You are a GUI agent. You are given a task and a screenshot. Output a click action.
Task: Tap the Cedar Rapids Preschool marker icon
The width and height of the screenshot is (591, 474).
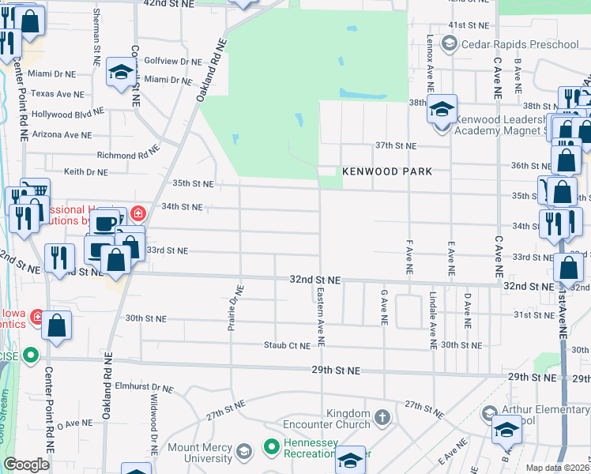click(x=450, y=44)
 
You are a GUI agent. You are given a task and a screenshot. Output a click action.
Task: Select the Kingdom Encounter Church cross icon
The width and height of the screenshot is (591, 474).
click(x=382, y=416)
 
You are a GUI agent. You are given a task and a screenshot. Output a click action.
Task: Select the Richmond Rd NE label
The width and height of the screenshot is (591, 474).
click(x=127, y=155)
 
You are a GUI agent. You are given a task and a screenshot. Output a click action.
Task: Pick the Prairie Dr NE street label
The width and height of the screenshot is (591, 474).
click(x=233, y=309)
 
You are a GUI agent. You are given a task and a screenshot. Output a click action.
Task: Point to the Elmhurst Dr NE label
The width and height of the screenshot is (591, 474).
click(x=144, y=388)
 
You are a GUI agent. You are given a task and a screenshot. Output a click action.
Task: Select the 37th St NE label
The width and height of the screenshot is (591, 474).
click(x=395, y=146)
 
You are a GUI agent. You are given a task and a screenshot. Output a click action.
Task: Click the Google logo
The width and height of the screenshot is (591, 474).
click(x=26, y=465)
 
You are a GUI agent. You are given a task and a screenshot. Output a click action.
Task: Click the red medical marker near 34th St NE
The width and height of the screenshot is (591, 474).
click(x=137, y=213)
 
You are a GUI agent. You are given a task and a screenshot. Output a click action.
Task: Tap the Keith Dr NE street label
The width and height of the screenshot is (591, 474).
click(x=85, y=171)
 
